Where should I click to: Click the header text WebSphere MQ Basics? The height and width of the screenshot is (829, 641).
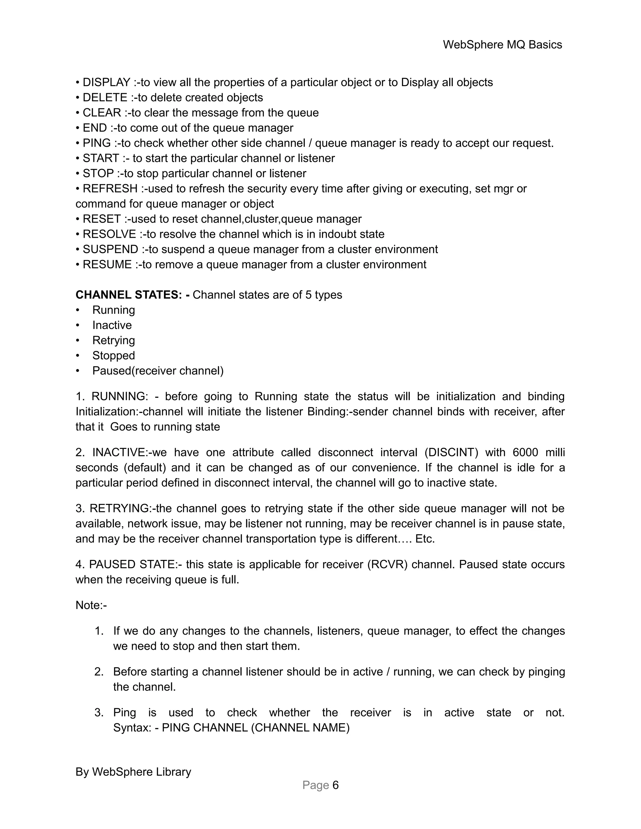[x=502, y=45]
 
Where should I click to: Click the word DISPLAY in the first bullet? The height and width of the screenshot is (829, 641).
[x=106, y=82]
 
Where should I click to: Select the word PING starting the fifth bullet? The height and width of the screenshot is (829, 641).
[x=96, y=143]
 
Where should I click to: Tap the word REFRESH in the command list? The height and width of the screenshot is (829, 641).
[x=110, y=189]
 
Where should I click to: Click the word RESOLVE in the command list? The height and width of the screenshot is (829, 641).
[x=109, y=234]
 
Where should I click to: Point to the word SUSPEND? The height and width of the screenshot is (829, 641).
[x=110, y=249]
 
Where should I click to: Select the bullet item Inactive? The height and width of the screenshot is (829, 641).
[x=112, y=325]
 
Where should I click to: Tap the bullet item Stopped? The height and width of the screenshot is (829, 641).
[x=114, y=356]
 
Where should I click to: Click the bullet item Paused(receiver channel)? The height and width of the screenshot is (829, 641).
[x=158, y=371]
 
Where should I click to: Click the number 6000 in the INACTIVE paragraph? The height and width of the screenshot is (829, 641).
[x=525, y=452]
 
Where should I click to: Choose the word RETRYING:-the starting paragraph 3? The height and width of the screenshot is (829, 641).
[x=131, y=508]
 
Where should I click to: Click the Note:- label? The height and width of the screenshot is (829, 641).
[x=91, y=605]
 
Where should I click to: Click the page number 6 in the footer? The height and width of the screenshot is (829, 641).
[x=335, y=785]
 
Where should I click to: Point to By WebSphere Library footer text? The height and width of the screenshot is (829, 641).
[x=133, y=772]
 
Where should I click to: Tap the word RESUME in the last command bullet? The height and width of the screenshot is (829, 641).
[x=107, y=265]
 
